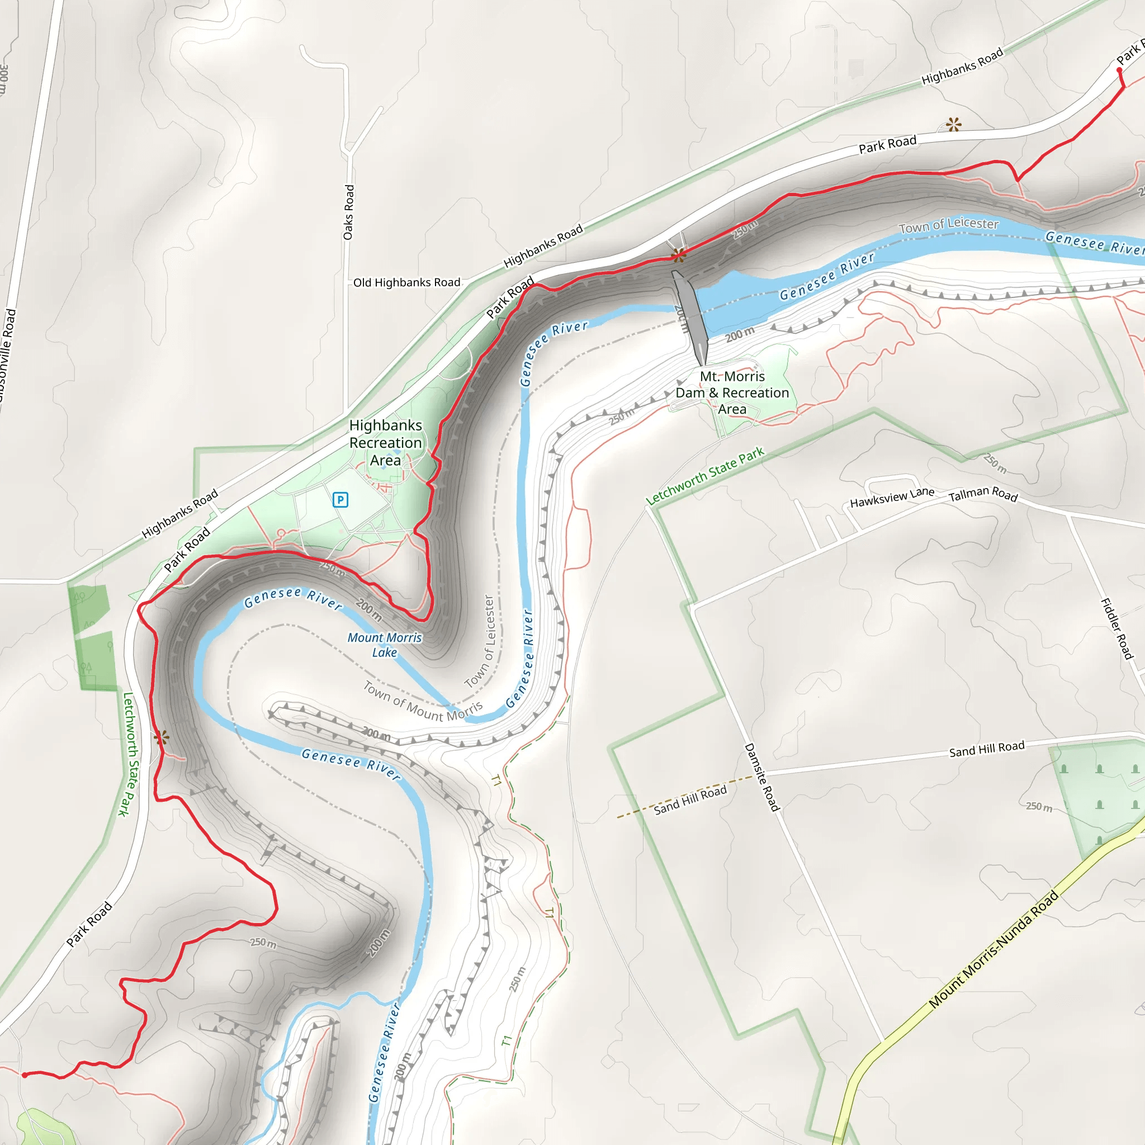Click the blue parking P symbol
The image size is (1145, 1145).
[x=340, y=500]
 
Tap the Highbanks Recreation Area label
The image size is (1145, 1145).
[x=386, y=443]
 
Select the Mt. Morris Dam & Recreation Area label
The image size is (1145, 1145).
[x=732, y=392]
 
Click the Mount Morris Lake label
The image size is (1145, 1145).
[x=385, y=645]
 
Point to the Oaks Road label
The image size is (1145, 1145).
[x=348, y=212]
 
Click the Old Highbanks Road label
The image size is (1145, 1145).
[x=406, y=283]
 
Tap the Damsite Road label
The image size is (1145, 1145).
[x=761, y=777]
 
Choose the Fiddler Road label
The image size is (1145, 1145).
[x=1117, y=629]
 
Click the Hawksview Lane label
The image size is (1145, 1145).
[x=892, y=497]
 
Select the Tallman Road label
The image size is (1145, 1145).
[x=983, y=494]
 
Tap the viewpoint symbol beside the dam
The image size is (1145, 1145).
[x=679, y=256]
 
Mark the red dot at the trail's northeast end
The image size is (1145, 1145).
[x=1119, y=70]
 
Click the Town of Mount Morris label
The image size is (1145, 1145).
[x=423, y=702]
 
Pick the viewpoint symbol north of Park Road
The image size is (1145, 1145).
[x=954, y=125]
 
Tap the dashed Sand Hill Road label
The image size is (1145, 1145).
[x=690, y=800]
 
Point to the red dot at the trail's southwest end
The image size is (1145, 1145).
[x=24, y=1075]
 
